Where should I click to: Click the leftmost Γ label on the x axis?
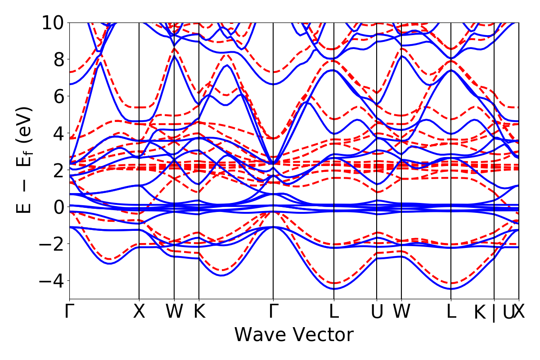[69, 311]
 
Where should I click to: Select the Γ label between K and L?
[273, 311]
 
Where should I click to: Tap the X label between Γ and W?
[139, 311]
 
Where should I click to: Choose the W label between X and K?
[174, 311]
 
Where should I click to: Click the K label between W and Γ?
[199, 311]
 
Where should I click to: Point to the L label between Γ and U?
[333, 311]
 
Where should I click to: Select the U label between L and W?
[377, 311]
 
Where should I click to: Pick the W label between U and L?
[401, 311]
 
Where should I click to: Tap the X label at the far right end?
[519, 311]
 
